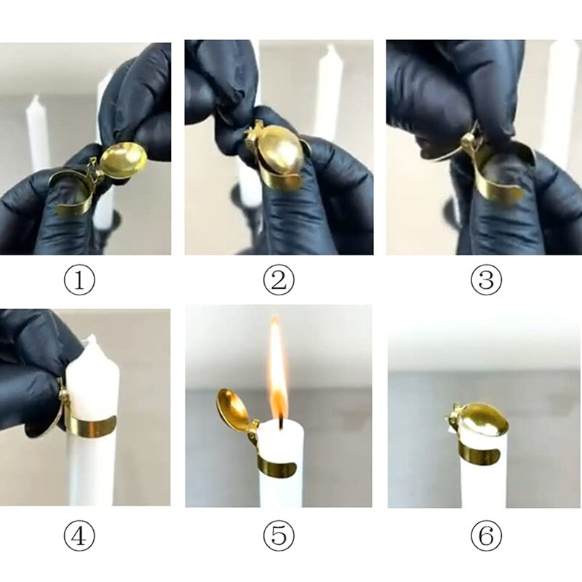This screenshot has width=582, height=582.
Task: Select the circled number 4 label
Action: pos(79,537)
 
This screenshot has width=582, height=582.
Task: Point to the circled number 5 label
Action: pos(279,537)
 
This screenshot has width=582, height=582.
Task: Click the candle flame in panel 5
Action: pos(276,371)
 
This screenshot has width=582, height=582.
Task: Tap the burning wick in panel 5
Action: pos(279,418)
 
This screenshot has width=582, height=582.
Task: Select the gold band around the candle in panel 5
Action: pos(280,466)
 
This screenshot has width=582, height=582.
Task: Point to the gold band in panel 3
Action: pos(502,178)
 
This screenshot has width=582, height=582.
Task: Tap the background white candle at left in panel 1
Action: pos(38,135)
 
